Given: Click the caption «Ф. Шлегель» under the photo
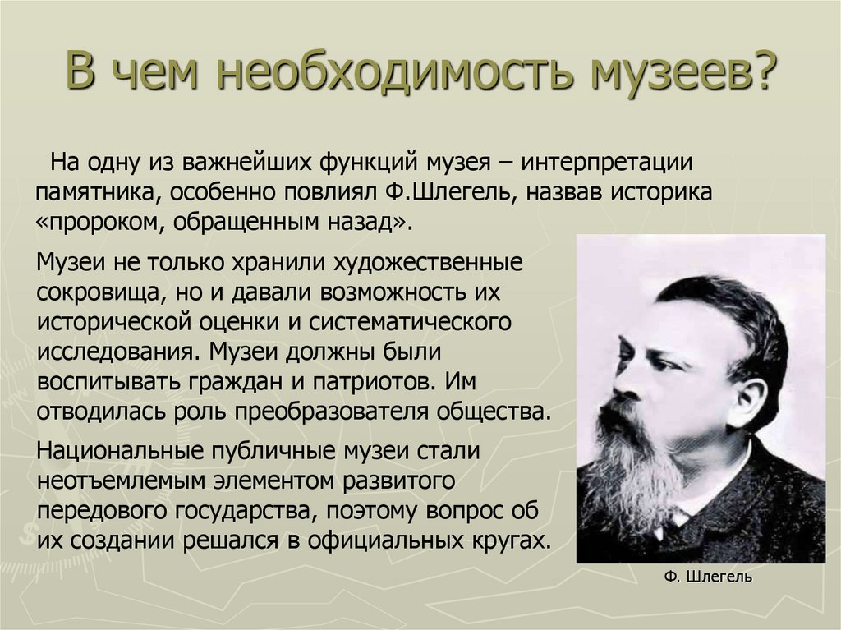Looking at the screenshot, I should pos(708,577).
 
